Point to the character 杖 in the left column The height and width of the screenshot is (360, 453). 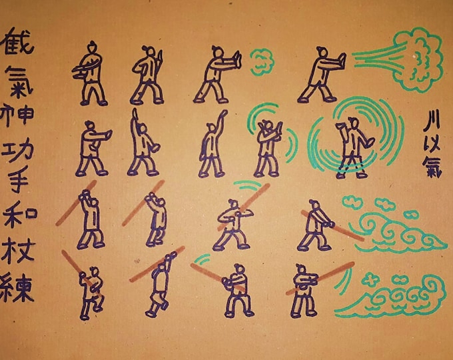tap(20, 253)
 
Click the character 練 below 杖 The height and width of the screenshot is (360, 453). tap(20, 290)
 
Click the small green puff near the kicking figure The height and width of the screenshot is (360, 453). tap(262, 61)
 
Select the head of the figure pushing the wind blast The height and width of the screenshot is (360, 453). tap(322, 51)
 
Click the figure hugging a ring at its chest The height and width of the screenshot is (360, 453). tap(91, 73)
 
